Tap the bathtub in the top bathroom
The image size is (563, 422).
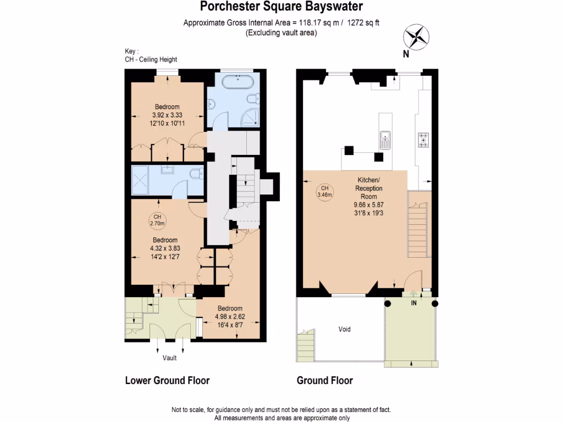[x=238, y=83]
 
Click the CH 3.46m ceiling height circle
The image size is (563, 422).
[x=324, y=191]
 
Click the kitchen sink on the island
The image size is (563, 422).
[x=385, y=140]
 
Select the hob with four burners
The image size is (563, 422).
[x=424, y=140]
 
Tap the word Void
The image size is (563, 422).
[x=344, y=330]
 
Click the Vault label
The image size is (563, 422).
[x=169, y=358]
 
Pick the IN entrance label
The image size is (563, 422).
[x=413, y=303]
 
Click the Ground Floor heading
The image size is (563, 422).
[x=324, y=380]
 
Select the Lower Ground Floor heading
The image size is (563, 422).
[x=167, y=380]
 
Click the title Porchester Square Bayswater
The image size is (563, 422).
[x=281, y=7]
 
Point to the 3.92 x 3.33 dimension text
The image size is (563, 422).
[x=167, y=115]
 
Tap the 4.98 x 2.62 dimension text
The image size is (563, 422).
[x=230, y=316]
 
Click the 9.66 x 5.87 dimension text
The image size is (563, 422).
[x=368, y=204]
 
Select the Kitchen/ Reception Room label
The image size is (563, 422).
[x=368, y=188]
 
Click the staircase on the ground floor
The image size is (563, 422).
[x=418, y=225]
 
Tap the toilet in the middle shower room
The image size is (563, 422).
[x=195, y=174]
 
